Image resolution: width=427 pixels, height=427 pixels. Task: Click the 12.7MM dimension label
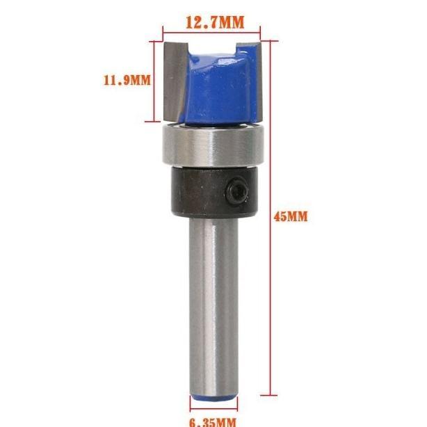click(x=215, y=23)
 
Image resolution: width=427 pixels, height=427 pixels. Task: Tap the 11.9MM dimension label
click(x=127, y=81)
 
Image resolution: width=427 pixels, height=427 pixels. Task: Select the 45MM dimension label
click(x=291, y=217)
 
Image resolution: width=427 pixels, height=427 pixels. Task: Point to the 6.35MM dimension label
click(x=213, y=422)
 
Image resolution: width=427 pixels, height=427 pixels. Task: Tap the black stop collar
click(x=215, y=192)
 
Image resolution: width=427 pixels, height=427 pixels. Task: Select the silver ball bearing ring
click(x=213, y=145)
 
